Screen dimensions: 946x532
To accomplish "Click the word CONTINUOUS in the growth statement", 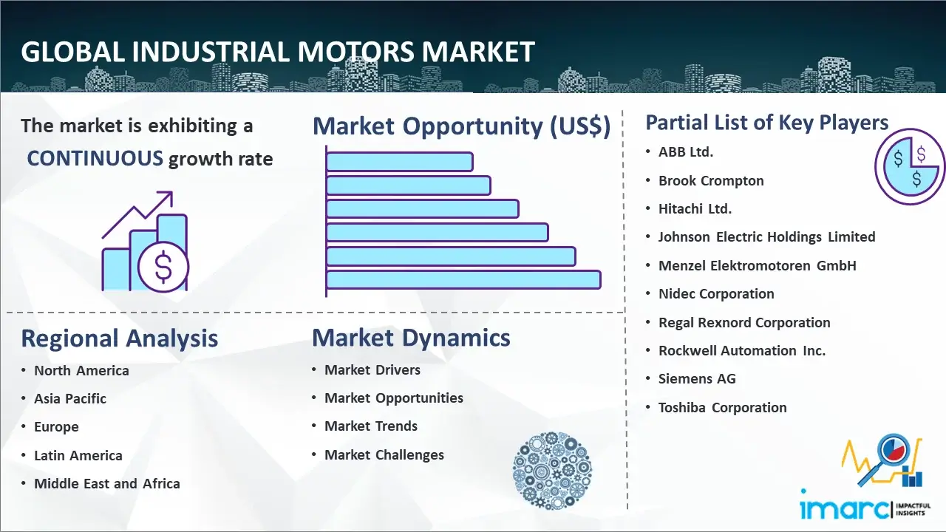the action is [x=95, y=159].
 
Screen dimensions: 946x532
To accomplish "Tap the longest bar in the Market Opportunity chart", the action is [x=463, y=280].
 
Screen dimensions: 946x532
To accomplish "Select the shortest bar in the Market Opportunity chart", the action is [x=400, y=162].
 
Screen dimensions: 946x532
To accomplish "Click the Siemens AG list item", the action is [x=697, y=379].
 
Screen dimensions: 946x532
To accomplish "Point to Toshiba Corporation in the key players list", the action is [x=723, y=407].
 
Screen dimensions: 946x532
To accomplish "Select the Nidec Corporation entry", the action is [x=716, y=294].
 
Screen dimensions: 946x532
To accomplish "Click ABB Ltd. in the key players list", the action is [x=686, y=152].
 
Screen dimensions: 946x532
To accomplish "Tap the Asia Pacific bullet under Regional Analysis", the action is [x=70, y=398].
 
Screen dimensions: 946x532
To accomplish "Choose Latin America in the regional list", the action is [x=78, y=456].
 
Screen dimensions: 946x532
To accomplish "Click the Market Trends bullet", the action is [x=371, y=426].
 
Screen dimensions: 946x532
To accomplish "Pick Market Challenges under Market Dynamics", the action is [x=384, y=454].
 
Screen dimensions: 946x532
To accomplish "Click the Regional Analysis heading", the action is [x=120, y=338].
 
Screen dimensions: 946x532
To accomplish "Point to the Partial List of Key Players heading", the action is [x=767, y=123].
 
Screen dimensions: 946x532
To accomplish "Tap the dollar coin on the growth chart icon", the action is [x=163, y=267].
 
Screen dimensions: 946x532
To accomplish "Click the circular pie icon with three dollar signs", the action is [x=909, y=167].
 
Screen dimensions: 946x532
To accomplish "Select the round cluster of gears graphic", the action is [x=552, y=471].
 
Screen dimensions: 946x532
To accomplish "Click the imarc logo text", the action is [x=844, y=509].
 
